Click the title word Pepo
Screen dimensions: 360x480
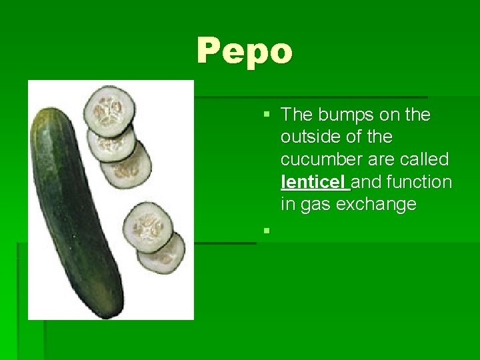tap(245, 51)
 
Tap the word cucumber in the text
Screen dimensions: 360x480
tap(319, 159)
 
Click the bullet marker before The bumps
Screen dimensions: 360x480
tap(267, 115)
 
